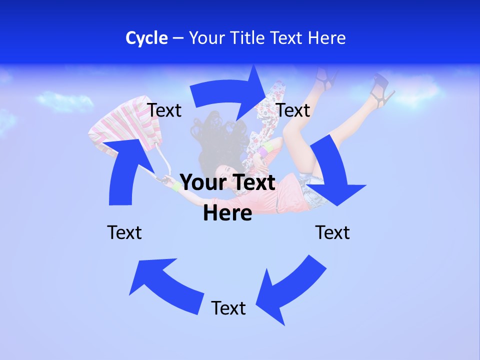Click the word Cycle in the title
coord(146,38)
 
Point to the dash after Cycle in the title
coord(178,38)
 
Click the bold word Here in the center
coord(227,213)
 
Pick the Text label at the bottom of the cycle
coord(228,308)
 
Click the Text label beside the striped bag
coord(164,110)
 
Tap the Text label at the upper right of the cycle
coord(293,110)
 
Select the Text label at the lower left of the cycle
coord(124,232)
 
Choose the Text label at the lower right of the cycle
coord(332,232)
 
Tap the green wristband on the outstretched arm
coord(176,187)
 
